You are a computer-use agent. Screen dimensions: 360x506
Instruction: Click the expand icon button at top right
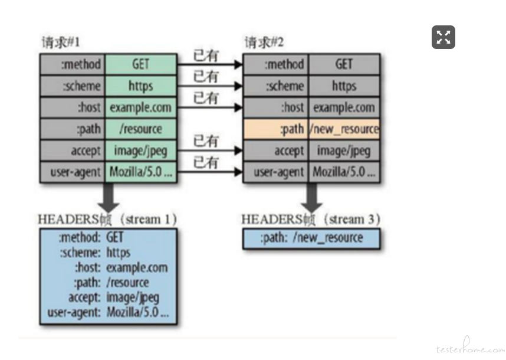click(x=443, y=38)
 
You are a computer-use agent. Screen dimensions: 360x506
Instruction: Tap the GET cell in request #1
click(x=140, y=64)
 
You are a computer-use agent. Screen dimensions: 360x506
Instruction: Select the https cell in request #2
click(x=344, y=86)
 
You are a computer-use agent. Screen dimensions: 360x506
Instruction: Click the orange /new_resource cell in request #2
click(x=344, y=129)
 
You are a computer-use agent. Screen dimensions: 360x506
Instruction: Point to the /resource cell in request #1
click(x=140, y=129)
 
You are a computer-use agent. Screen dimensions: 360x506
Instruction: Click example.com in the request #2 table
click(x=344, y=107)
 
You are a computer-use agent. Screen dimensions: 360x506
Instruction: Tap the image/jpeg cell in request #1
click(x=140, y=150)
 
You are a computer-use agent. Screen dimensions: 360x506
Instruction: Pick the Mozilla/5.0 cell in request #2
click(x=344, y=172)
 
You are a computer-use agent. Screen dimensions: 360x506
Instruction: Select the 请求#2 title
click(x=264, y=42)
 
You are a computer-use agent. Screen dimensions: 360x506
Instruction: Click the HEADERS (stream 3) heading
click(x=311, y=220)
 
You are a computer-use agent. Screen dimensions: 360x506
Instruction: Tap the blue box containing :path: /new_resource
click(x=311, y=238)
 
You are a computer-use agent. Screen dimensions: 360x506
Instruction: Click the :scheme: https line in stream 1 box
click(x=94, y=253)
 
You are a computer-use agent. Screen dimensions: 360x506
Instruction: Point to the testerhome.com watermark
click(x=470, y=348)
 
